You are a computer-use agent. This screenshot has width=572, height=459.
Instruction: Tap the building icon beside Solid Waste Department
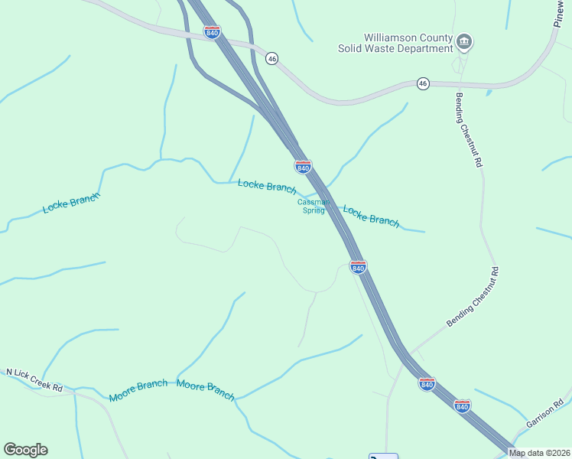coord(463,41)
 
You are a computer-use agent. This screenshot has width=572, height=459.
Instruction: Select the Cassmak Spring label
coord(314,206)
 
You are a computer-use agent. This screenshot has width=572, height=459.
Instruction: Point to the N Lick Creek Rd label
coord(34,380)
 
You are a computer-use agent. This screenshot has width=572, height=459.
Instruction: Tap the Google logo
coord(25,450)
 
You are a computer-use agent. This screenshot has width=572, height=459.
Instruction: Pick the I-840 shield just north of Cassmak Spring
coord(303,167)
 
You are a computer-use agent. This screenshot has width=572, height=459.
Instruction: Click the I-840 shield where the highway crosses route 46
coord(212,33)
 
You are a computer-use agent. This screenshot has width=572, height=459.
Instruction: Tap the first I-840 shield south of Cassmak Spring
coord(358,266)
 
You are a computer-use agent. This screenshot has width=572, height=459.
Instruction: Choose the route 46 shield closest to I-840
coord(271,58)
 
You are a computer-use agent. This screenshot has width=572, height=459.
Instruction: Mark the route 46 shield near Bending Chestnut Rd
coord(422,83)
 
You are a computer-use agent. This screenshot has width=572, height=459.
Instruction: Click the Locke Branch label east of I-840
coord(371,216)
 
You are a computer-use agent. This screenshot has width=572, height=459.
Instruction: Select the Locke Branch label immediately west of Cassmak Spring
coord(266,187)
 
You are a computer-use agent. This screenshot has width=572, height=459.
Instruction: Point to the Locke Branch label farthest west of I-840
coord(71,203)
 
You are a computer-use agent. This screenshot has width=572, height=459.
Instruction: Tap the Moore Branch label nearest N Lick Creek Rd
coord(138,390)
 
